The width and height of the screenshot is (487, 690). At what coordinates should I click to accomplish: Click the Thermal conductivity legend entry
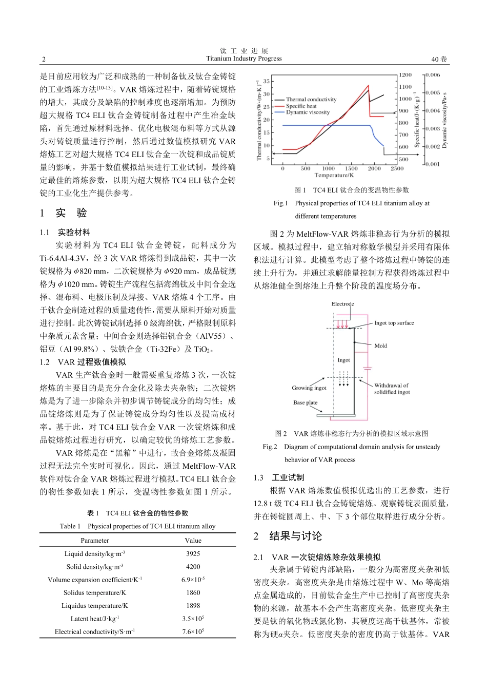tap(311, 100)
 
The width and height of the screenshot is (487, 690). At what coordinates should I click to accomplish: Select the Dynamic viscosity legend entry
tap(308, 112)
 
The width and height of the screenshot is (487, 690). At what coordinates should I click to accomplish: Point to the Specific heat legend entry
tap(301, 106)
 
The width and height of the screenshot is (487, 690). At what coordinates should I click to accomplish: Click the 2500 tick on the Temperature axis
tap(397, 168)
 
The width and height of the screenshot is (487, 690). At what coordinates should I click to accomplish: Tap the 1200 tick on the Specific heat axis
tap(405, 75)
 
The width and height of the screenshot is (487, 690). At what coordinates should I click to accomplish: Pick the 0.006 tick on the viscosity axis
tap(432, 75)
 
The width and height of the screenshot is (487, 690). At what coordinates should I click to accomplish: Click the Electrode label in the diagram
tap(342, 304)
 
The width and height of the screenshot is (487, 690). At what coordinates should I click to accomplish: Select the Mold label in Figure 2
tap(380, 346)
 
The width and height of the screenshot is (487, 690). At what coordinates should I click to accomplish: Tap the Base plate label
tap(306, 402)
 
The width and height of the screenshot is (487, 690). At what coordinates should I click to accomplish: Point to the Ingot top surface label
tap(394, 323)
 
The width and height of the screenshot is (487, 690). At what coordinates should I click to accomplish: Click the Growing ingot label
tap(309, 388)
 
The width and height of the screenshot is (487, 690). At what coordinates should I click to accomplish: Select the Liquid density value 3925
tap(193, 553)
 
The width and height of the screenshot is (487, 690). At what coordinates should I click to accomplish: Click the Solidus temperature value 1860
tap(193, 592)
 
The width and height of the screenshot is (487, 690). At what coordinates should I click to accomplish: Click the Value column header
tap(193, 540)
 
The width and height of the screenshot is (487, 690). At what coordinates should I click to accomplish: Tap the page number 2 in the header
tap(44, 59)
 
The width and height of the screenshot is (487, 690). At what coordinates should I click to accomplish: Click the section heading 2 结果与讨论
tap(288, 536)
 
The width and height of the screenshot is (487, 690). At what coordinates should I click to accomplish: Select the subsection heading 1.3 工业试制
tap(279, 477)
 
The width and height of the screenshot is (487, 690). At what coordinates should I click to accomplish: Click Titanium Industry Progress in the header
tap(243, 59)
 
